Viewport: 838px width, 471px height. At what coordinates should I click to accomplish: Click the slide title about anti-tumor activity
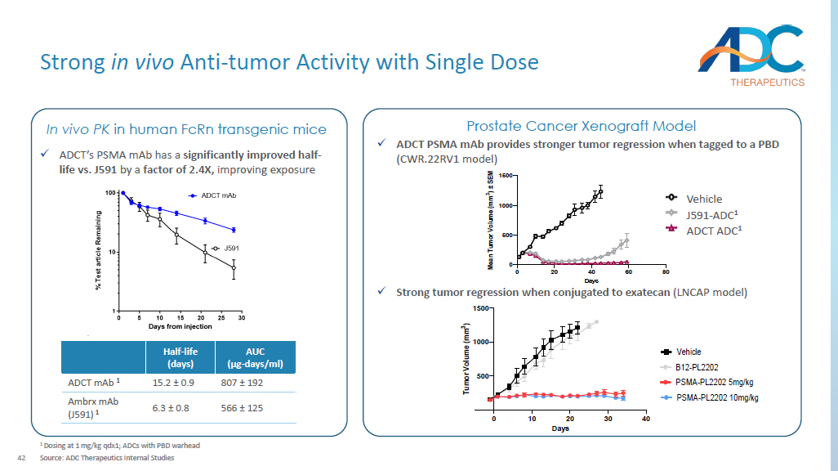[289, 62]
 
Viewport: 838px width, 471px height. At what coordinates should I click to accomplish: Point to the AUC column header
[255, 357]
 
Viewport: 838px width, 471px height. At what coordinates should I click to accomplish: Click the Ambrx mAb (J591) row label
[93, 407]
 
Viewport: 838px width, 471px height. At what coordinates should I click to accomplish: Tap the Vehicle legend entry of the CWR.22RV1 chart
[703, 199]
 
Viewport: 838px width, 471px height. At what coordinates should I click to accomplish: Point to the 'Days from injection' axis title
[181, 326]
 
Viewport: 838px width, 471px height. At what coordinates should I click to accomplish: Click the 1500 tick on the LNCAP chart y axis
[479, 308]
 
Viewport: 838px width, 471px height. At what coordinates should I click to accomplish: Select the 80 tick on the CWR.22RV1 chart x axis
[666, 271]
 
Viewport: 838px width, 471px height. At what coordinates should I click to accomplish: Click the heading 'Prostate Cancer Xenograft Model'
[581, 126]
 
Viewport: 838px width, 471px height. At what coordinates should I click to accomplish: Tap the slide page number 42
[23, 457]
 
